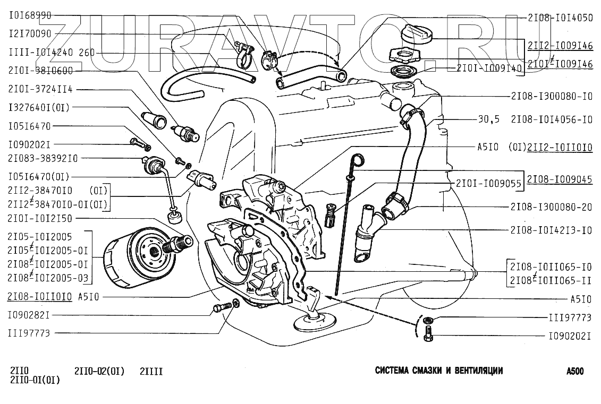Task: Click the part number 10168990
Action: (30, 15)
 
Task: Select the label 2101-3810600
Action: (40, 71)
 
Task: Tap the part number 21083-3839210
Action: (43, 158)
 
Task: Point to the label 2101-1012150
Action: (40, 218)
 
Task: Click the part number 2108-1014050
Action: (560, 18)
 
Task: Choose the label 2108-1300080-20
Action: (552, 207)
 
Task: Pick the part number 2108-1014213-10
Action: (552, 230)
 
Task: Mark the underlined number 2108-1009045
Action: (560, 179)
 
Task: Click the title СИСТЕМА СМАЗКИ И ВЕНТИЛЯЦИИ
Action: (439, 371)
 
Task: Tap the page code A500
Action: (574, 371)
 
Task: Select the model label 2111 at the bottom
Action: (151, 372)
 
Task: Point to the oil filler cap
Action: (417, 35)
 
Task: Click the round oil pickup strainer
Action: (314, 322)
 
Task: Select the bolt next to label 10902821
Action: (221, 307)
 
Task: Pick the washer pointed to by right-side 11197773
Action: (429, 319)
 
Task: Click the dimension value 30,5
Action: (489, 119)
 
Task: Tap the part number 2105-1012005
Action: (40, 237)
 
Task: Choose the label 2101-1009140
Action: (489, 68)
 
